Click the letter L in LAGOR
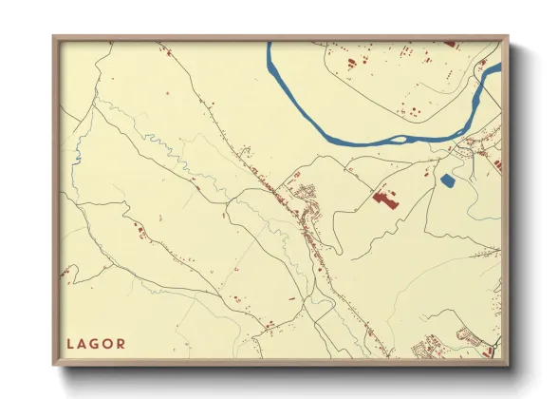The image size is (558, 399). [70, 343]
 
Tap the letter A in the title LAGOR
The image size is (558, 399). [84, 343]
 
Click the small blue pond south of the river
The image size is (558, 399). [448, 180]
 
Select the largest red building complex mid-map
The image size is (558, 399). [383, 199]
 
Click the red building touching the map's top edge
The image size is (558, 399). [450, 44]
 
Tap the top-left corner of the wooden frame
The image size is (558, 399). [54, 37]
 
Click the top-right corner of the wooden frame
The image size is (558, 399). [507, 37]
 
